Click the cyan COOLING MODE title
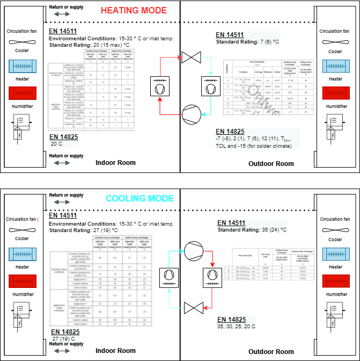pos(139,198)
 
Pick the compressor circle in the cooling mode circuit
pos(191,250)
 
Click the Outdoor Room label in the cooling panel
pos(271,351)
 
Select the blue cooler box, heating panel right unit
pos(335,66)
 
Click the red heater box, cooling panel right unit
pos(335,281)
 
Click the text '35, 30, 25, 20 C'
pos(237,326)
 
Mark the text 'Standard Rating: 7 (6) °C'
pos(247,42)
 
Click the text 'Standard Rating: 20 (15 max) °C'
pos(90,45)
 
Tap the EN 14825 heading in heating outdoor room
pos(230,132)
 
